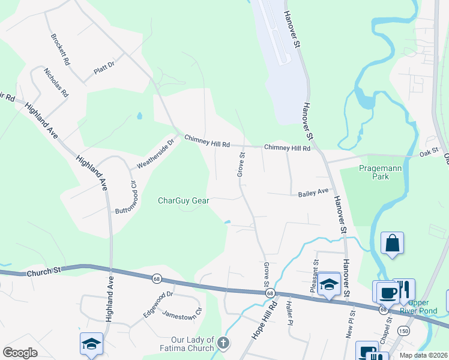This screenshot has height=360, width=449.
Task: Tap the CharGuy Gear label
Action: tap(183, 200)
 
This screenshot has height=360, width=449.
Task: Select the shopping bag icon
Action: tap(392, 244)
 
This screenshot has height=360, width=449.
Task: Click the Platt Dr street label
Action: tap(104, 71)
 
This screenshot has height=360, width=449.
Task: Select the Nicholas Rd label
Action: tap(56, 82)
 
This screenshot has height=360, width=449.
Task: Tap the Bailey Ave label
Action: tap(314, 193)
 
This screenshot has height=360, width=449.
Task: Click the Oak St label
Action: tap(430, 154)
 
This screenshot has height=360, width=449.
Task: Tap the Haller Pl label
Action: tap(289, 313)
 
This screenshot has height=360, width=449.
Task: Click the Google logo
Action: tap(20, 353)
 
